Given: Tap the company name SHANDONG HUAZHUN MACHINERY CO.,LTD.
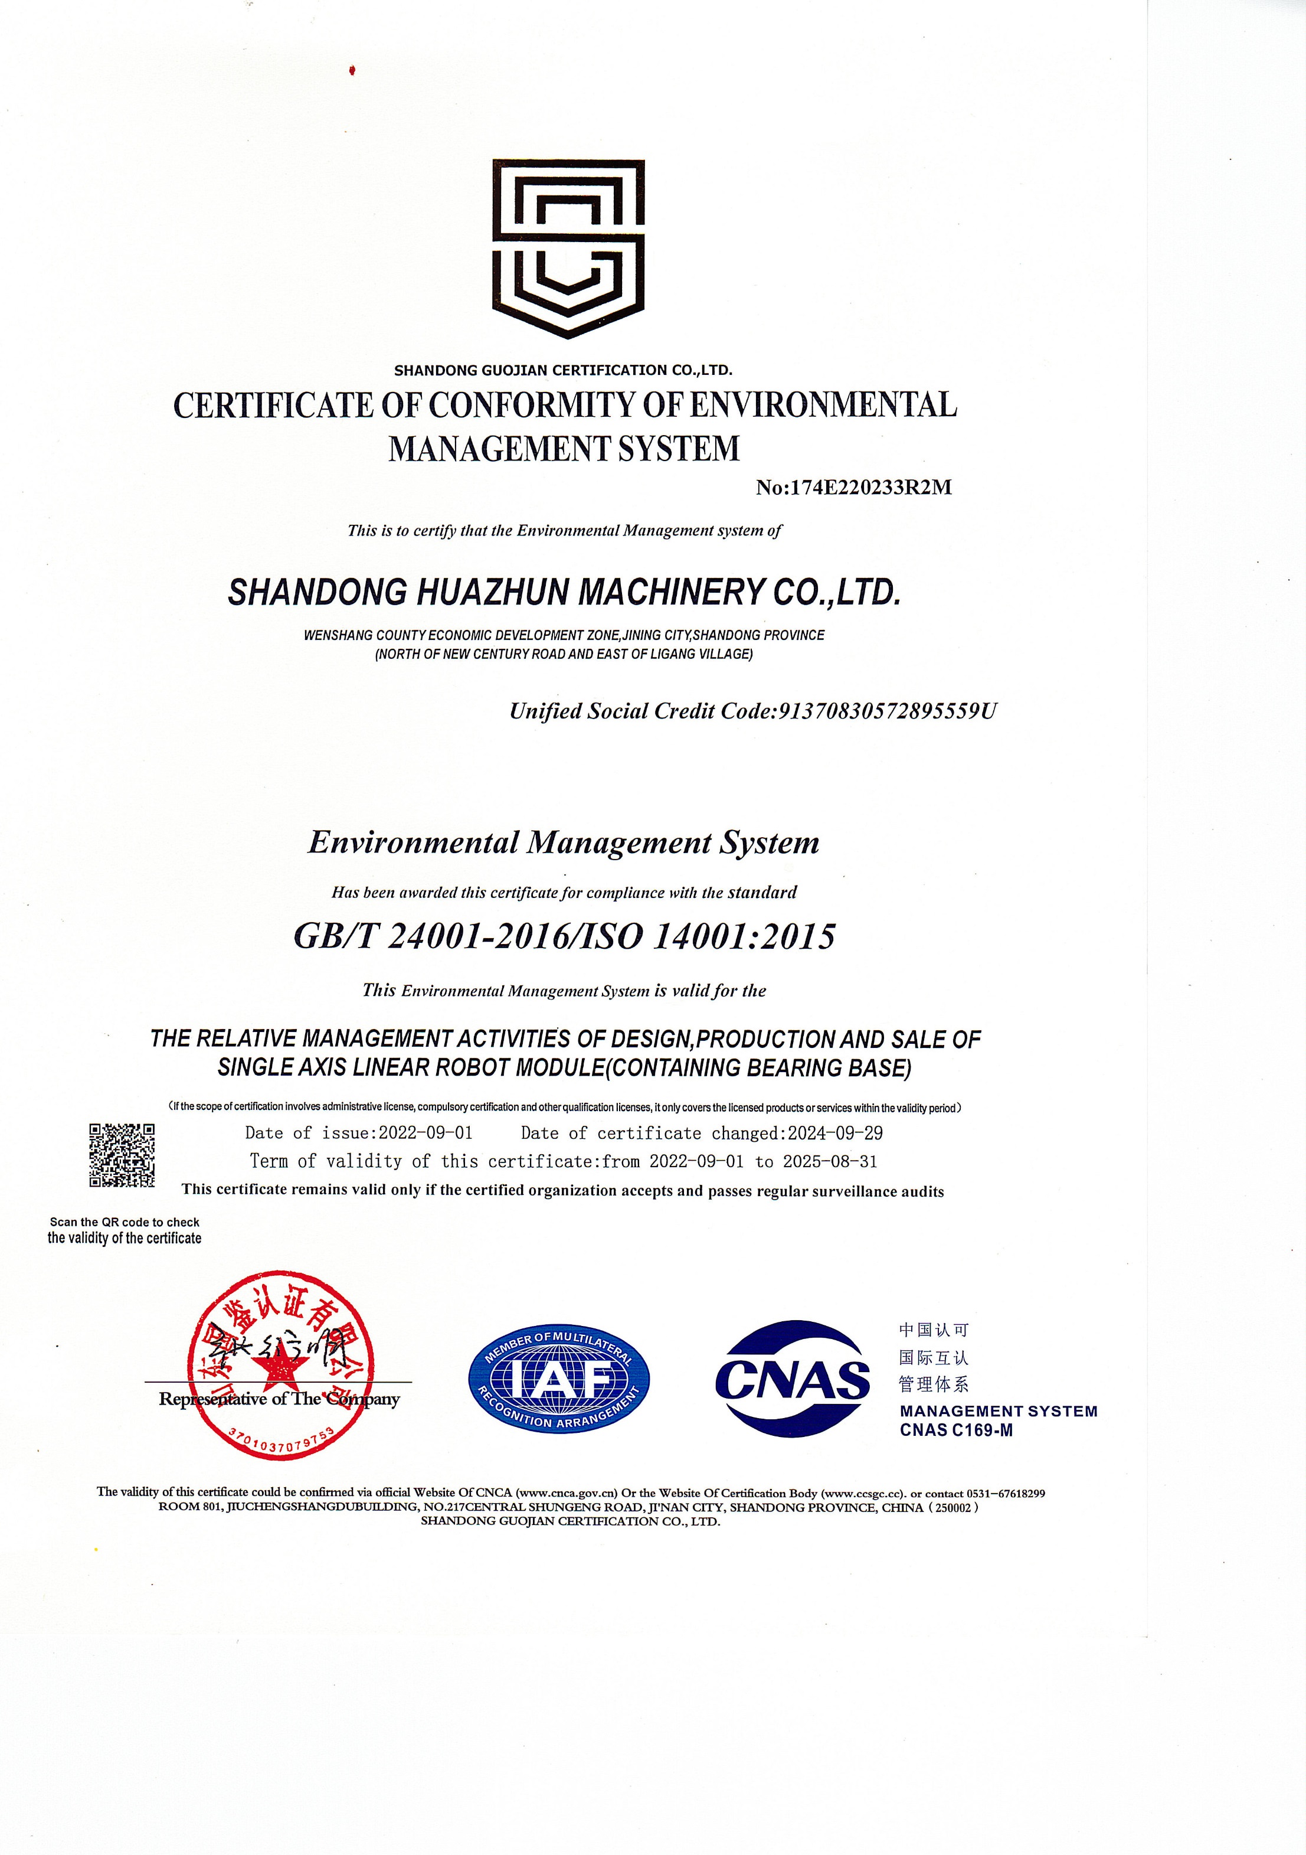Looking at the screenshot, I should (564, 592).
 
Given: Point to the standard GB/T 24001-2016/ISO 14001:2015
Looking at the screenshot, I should (564, 936).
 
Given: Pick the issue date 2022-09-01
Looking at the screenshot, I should (425, 1133).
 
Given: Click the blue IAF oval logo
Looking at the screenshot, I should (559, 1379).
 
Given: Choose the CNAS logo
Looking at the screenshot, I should (793, 1379).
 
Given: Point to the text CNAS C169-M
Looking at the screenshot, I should (956, 1430).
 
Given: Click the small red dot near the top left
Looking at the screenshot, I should (352, 71).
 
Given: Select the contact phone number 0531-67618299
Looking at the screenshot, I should (1005, 1493).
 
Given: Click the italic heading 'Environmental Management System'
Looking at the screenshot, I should (564, 842).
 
